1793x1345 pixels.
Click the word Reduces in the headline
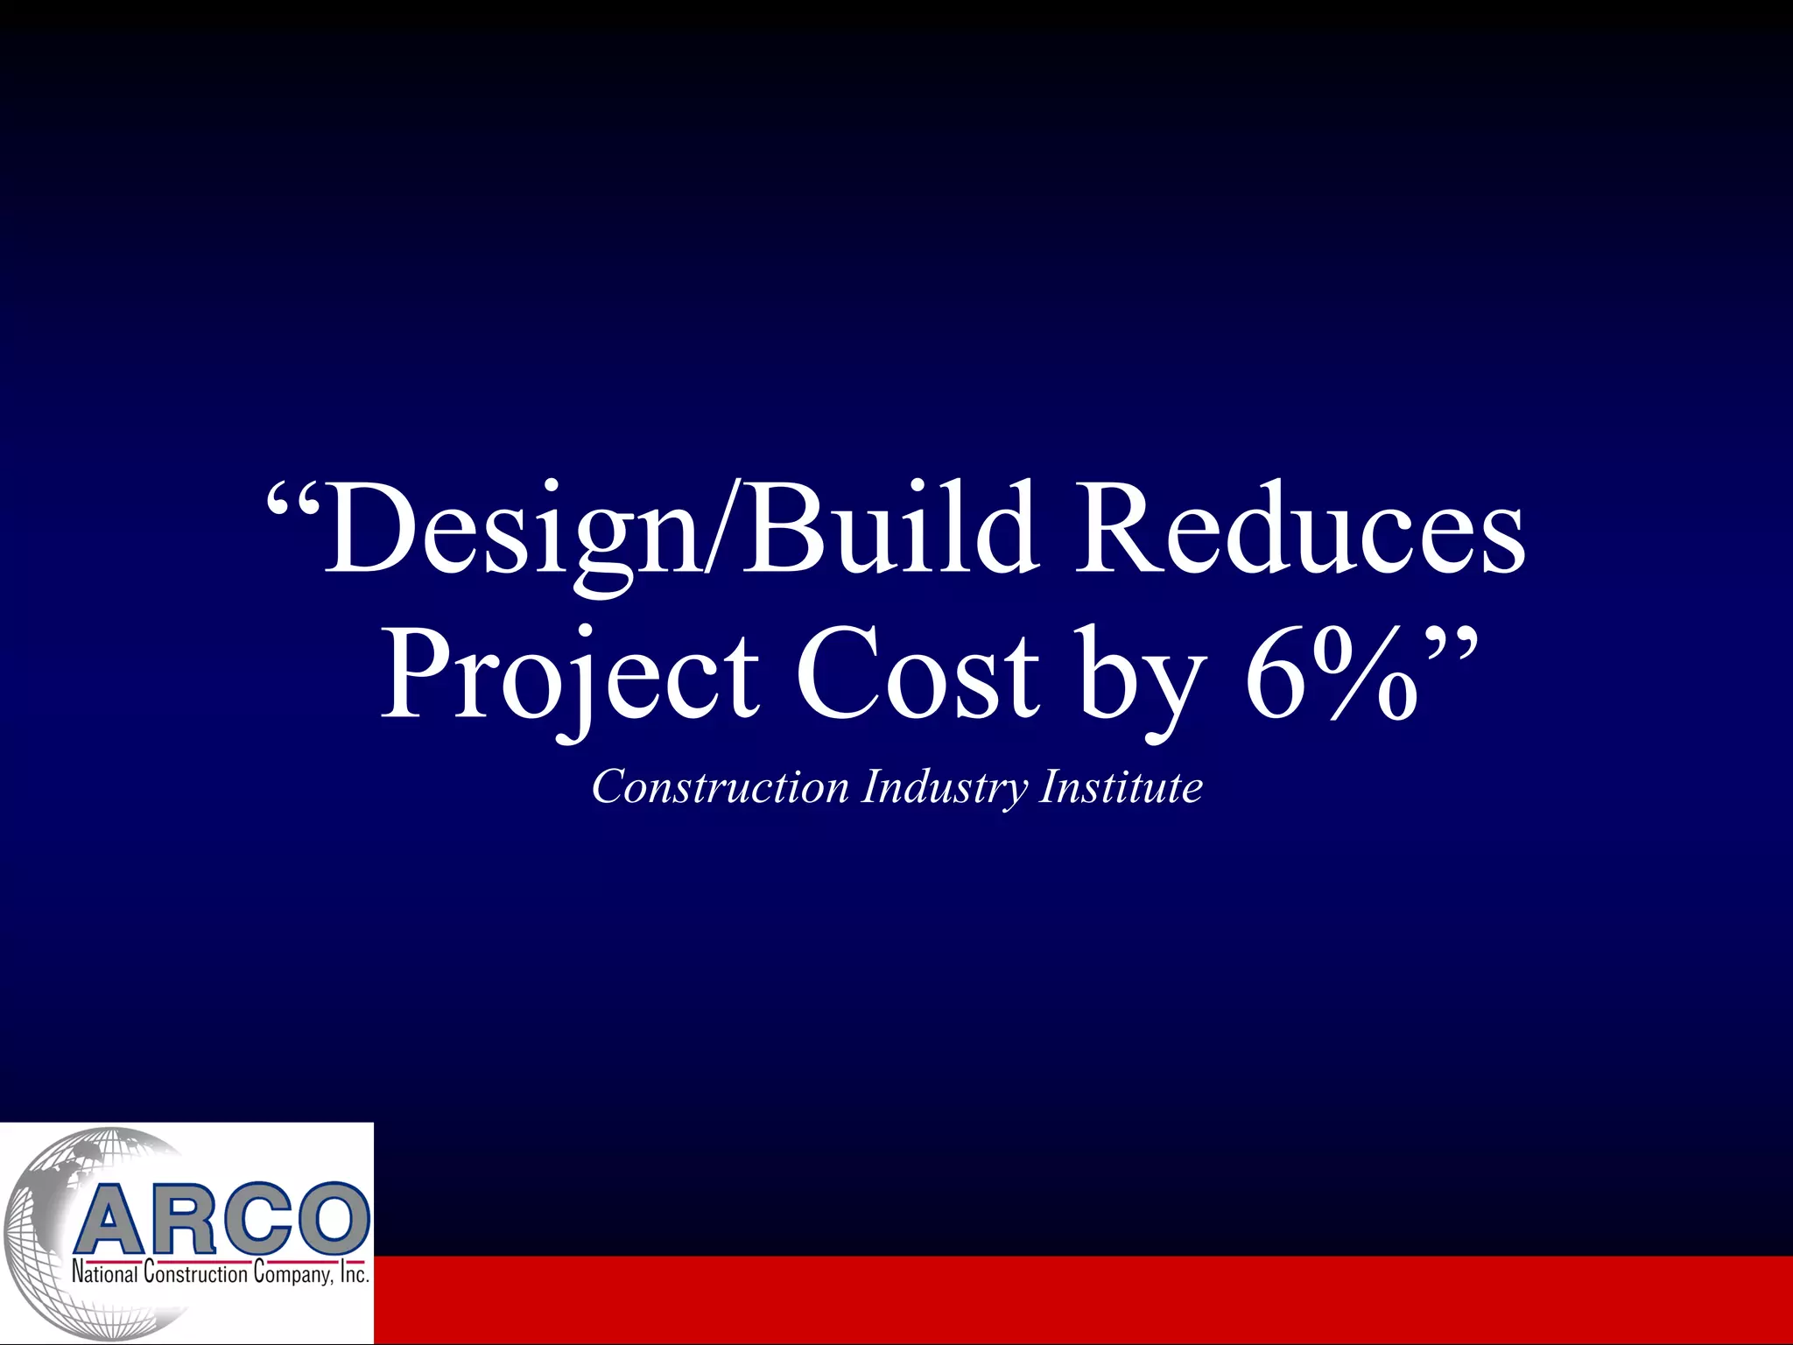[1301, 530]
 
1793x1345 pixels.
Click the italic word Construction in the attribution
[720, 786]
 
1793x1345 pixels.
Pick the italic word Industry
[944, 786]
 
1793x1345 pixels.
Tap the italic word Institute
[1121, 786]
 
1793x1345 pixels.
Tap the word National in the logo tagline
[105, 1273]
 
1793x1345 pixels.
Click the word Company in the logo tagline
[293, 1273]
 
